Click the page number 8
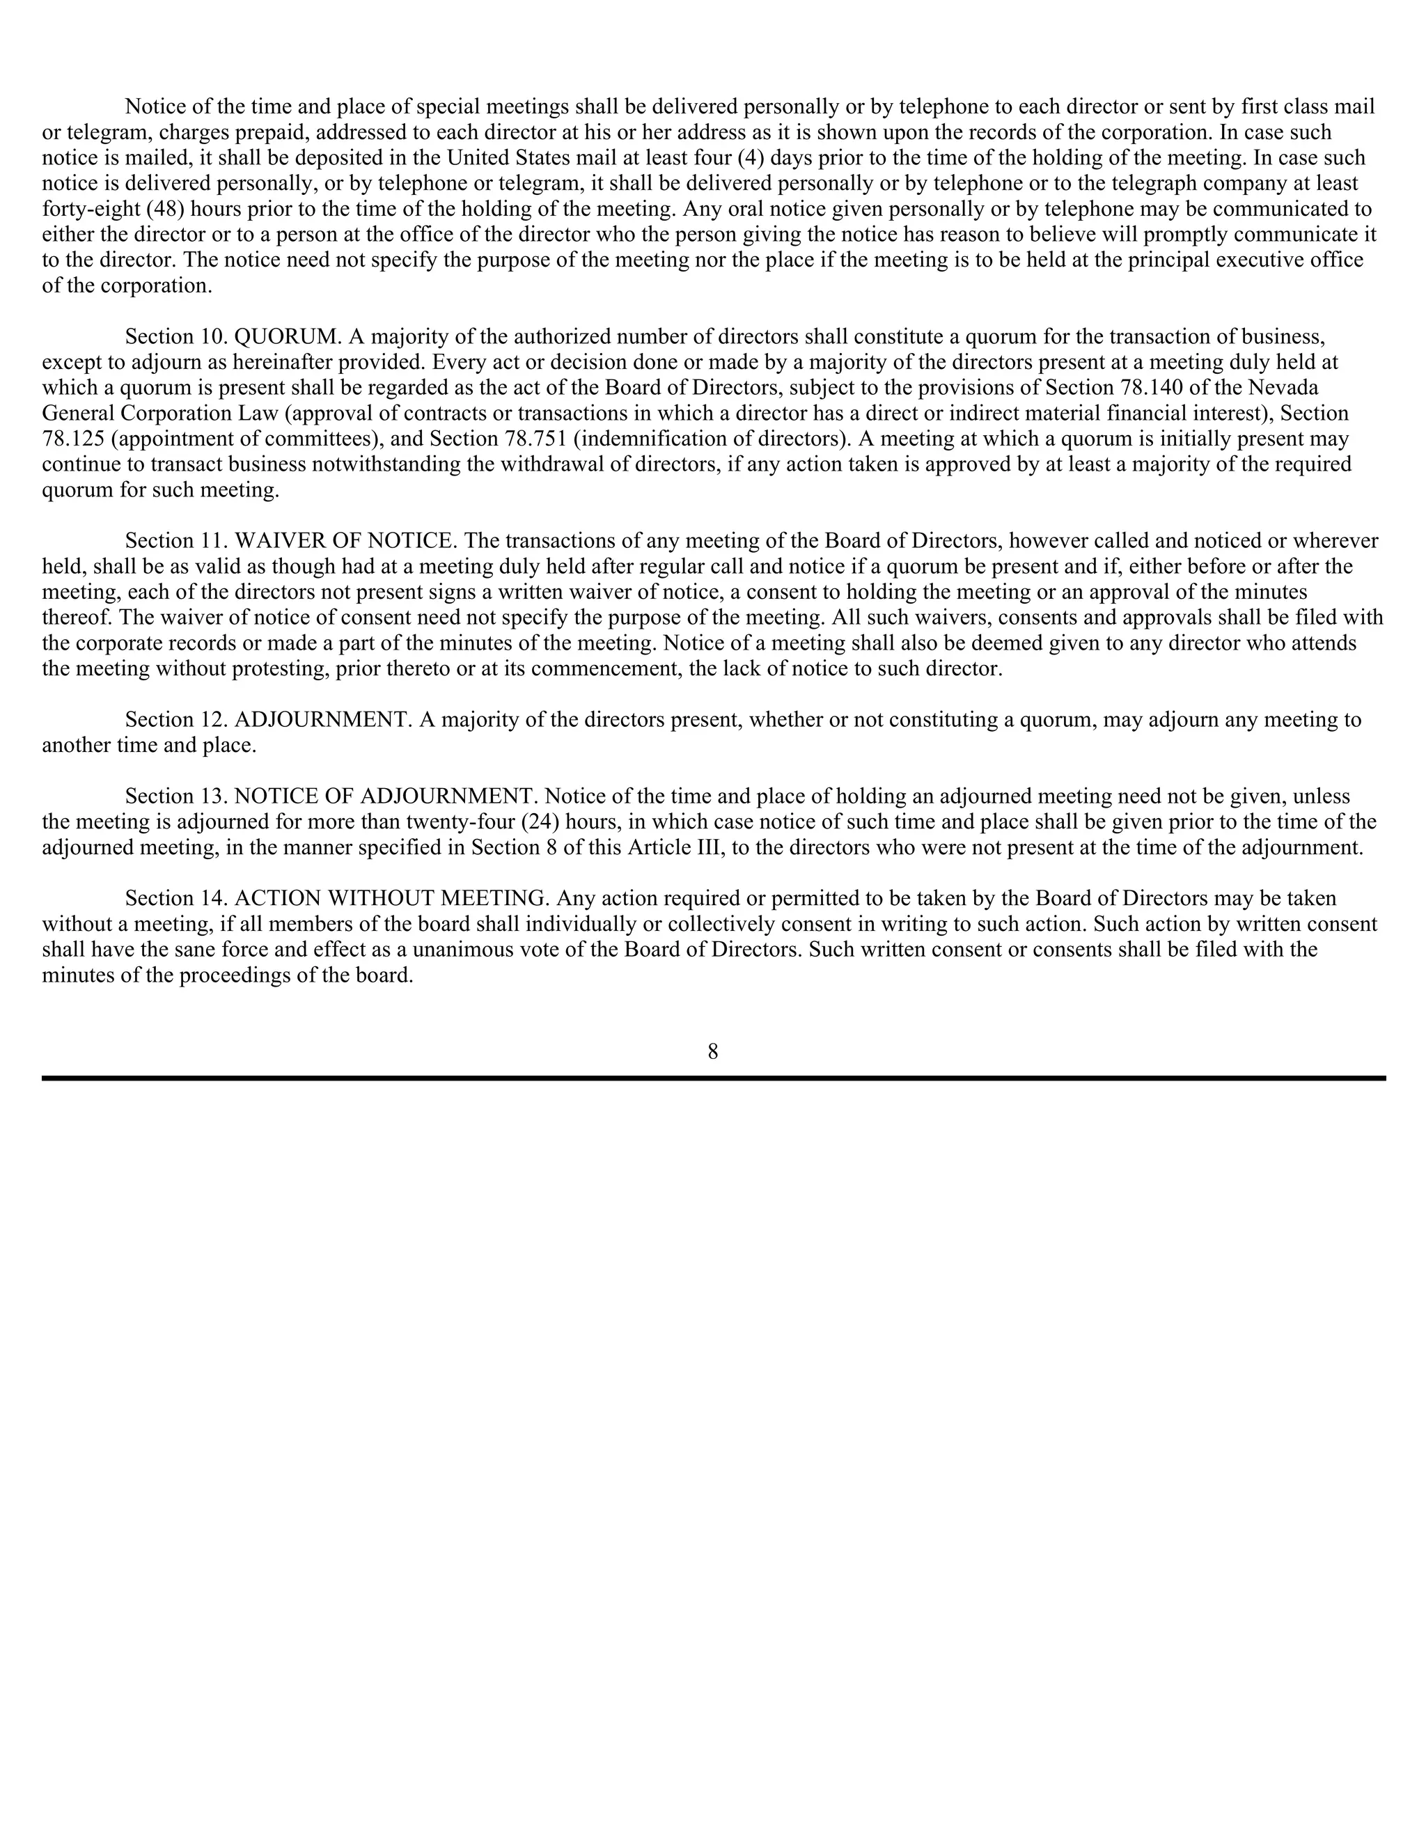pos(712,1052)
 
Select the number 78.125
pos(74,439)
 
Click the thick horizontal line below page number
pos(712,1078)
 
